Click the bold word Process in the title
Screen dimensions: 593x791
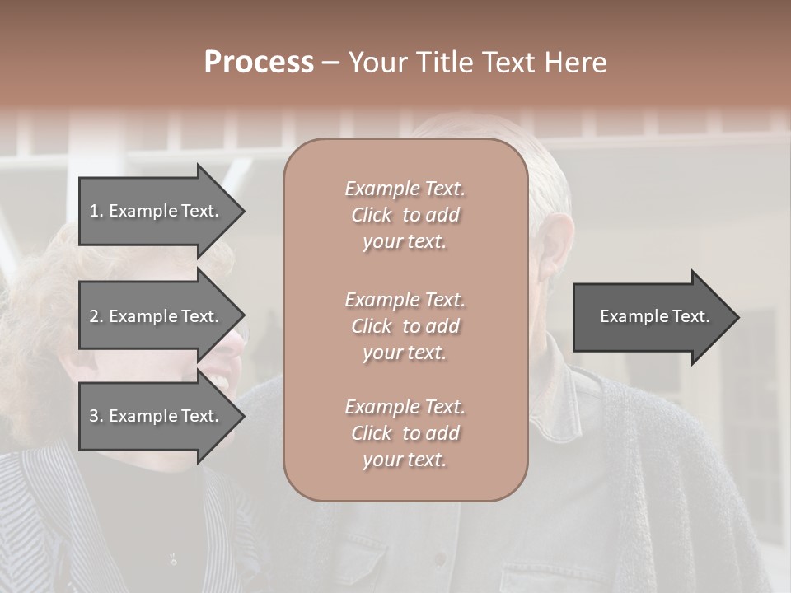click(x=259, y=63)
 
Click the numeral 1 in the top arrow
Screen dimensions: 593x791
click(x=94, y=211)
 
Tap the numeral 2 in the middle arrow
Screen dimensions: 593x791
click(x=94, y=316)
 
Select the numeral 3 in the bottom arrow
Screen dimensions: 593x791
click(x=94, y=416)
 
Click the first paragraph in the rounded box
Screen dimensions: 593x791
click(x=405, y=215)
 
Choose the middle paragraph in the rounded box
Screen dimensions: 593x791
click(x=405, y=326)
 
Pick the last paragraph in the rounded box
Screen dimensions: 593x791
click(x=405, y=433)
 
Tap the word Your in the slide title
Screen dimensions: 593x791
click(x=377, y=63)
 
